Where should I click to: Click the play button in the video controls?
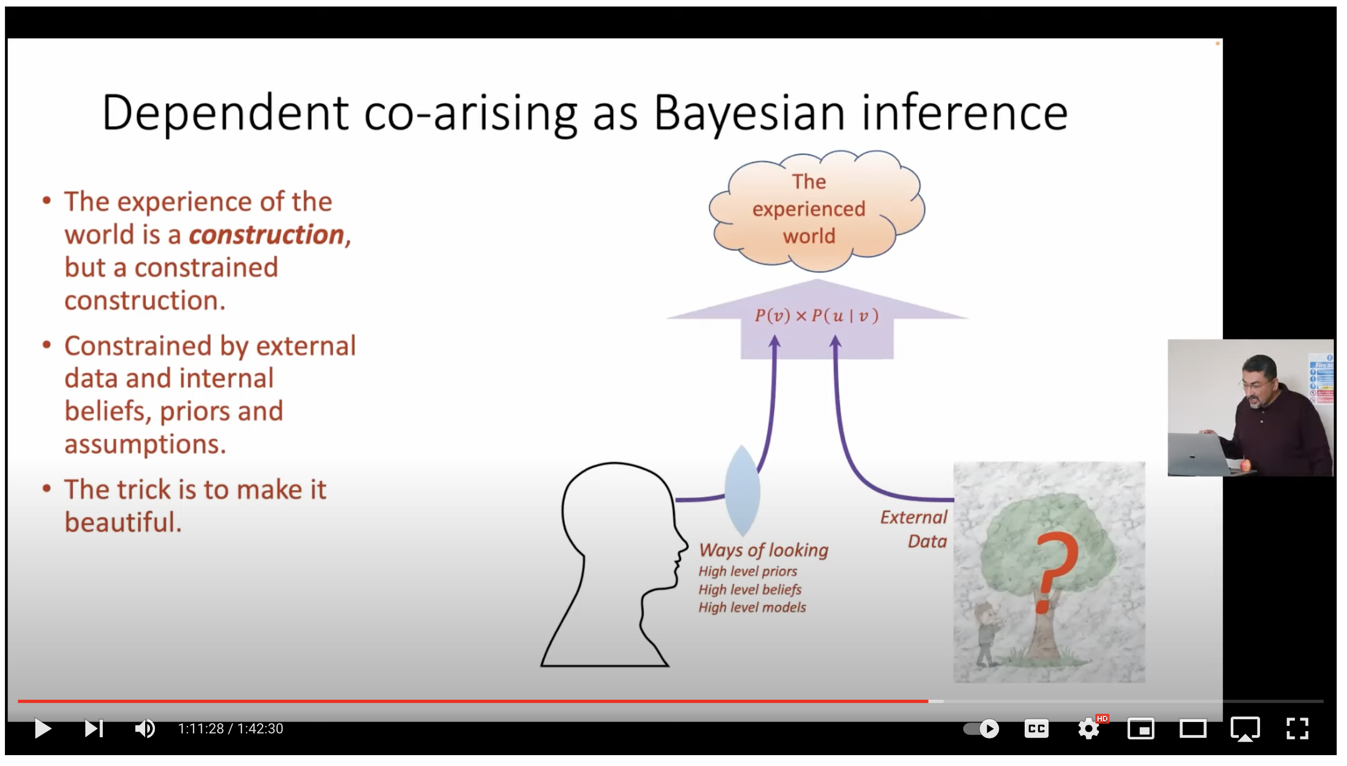click(43, 729)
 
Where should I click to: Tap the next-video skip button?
click(93, 729)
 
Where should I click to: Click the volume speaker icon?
click(145, 729)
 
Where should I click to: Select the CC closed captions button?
click(1037, 729)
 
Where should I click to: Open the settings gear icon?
click(1089, 729)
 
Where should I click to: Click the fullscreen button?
click(1298, 729)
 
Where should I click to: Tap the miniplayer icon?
click(1141, 729)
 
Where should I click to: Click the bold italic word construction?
click(266, 235)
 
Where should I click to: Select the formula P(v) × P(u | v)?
click(816, 316)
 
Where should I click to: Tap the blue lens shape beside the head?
click(742, 491)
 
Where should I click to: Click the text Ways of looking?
click(764, 550)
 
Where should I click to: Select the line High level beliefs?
click(750, 589)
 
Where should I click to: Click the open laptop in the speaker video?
click(1200, 453)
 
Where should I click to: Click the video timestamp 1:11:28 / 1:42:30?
click(230, 729)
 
